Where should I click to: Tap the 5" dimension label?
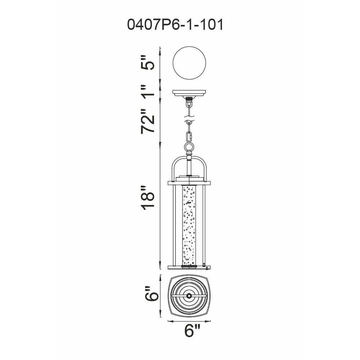coord(148,62)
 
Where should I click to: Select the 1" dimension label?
coord(147,91)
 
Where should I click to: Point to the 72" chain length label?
coord(148,121)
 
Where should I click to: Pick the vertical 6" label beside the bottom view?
coord(152,293)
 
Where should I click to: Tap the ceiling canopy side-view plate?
coord(189,93)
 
